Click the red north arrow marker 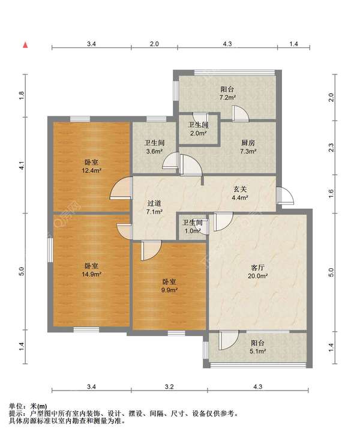[25, 44]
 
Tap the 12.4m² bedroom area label [91, 166]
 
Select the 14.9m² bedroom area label [91, 270]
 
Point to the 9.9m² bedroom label [169, 286]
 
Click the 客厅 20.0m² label [258, 272]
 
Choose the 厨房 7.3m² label [248, 147]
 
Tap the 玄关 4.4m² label [240, 193]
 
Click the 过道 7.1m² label [154, 208]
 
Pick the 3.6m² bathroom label [154, 147]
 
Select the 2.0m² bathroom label [198, 129]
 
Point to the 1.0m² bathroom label [193, 227]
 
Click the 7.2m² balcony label [227, 93]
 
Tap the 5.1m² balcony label [257, 347]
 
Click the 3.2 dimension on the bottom [169, 386]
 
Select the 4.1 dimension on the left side [22, 166]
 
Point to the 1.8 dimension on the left [22, 95]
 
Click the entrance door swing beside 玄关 [285, 196]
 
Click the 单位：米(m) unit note [28, 406]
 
